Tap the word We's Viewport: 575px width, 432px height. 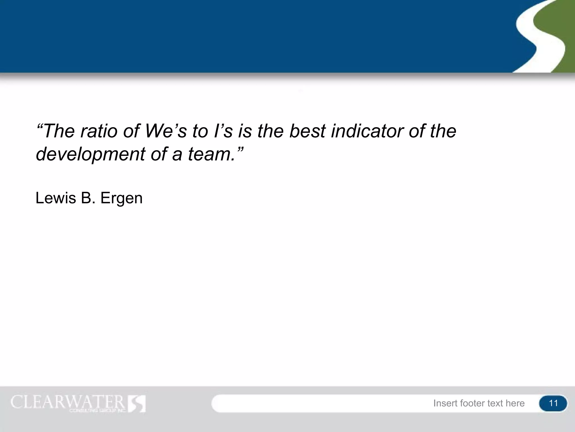click(x=165, y=131)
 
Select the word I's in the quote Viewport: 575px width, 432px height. click(x=223, y=131)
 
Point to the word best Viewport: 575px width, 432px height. click(x=307, y=131)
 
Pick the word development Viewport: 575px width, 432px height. click(x=90, y=154)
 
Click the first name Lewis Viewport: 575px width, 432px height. click(x=56, y=198)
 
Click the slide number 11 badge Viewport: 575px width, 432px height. click(x=553, y=403)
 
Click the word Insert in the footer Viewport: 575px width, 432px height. click(x=446, y=403)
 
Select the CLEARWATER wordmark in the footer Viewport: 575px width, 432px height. click(x=67, y=402)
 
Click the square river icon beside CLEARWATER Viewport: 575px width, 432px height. click(x=137, y=404)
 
